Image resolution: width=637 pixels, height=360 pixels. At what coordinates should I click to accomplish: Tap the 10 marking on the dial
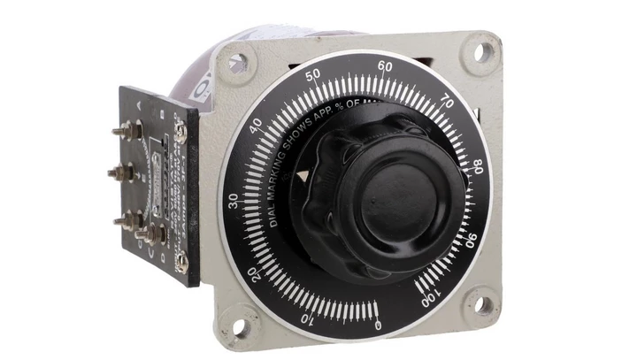coord(307,318)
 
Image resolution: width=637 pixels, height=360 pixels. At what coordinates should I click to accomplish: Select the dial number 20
coord(256,273)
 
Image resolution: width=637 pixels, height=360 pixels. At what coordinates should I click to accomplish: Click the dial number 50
coord(311,77)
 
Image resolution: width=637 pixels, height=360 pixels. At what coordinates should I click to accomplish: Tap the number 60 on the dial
coord(385,65)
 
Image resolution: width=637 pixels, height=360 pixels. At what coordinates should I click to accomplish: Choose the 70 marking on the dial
coord(447,103)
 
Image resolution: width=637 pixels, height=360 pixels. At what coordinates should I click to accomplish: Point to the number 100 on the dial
coord(430,298)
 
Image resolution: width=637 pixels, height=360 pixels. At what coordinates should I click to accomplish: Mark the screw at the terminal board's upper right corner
coord(180,130)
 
